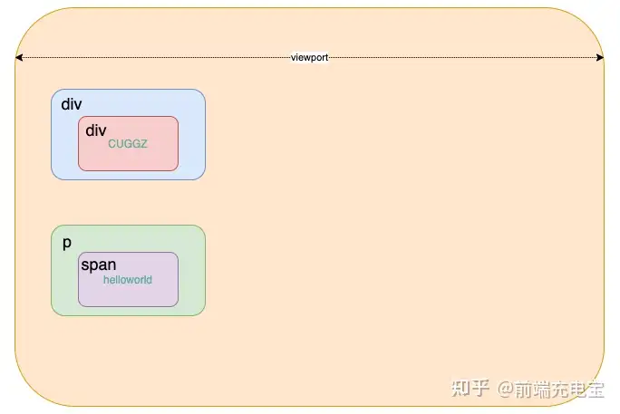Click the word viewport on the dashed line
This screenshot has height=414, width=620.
309,57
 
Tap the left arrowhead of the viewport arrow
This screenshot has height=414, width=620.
18,57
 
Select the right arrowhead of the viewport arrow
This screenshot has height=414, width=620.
600,57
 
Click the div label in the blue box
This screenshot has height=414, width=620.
71,104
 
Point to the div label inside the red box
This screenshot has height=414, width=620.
95,130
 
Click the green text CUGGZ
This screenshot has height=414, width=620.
127,143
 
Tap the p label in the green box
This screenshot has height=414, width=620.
67,243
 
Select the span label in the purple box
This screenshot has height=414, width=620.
98,265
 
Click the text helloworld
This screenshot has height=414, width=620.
128,280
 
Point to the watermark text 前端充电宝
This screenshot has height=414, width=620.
560,390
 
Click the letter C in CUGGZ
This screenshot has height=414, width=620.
111,143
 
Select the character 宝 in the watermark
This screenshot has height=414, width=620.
596,390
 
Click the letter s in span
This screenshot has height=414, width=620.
85,266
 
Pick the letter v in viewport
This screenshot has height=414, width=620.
293,57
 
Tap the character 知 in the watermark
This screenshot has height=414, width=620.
461,389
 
